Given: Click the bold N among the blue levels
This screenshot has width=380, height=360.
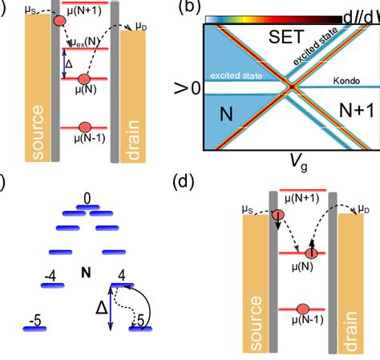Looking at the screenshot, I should click(x=85, y=274).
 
